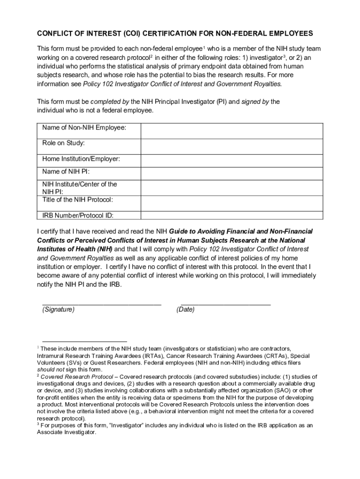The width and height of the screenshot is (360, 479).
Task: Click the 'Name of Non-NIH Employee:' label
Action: (x=84, y=128)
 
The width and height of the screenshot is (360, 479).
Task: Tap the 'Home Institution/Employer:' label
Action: (x=81, y=159)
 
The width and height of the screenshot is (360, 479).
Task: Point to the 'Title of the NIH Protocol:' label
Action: (x=78, y=200)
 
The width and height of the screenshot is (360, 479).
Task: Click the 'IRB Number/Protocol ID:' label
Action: (x=78, y=216)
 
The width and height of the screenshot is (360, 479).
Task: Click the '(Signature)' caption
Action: (x=58, y=310)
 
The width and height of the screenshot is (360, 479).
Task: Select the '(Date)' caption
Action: (x=186, y=310)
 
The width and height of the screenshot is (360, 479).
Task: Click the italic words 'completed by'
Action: (x=110, y=102)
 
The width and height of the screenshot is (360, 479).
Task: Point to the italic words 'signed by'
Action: (x=255, y=102)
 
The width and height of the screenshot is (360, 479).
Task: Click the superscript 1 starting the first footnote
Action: (x=38, y=347)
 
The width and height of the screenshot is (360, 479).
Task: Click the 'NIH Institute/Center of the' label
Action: (x=80, y=184)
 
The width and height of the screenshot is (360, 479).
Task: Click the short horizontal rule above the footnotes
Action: (x=84, y=341)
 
